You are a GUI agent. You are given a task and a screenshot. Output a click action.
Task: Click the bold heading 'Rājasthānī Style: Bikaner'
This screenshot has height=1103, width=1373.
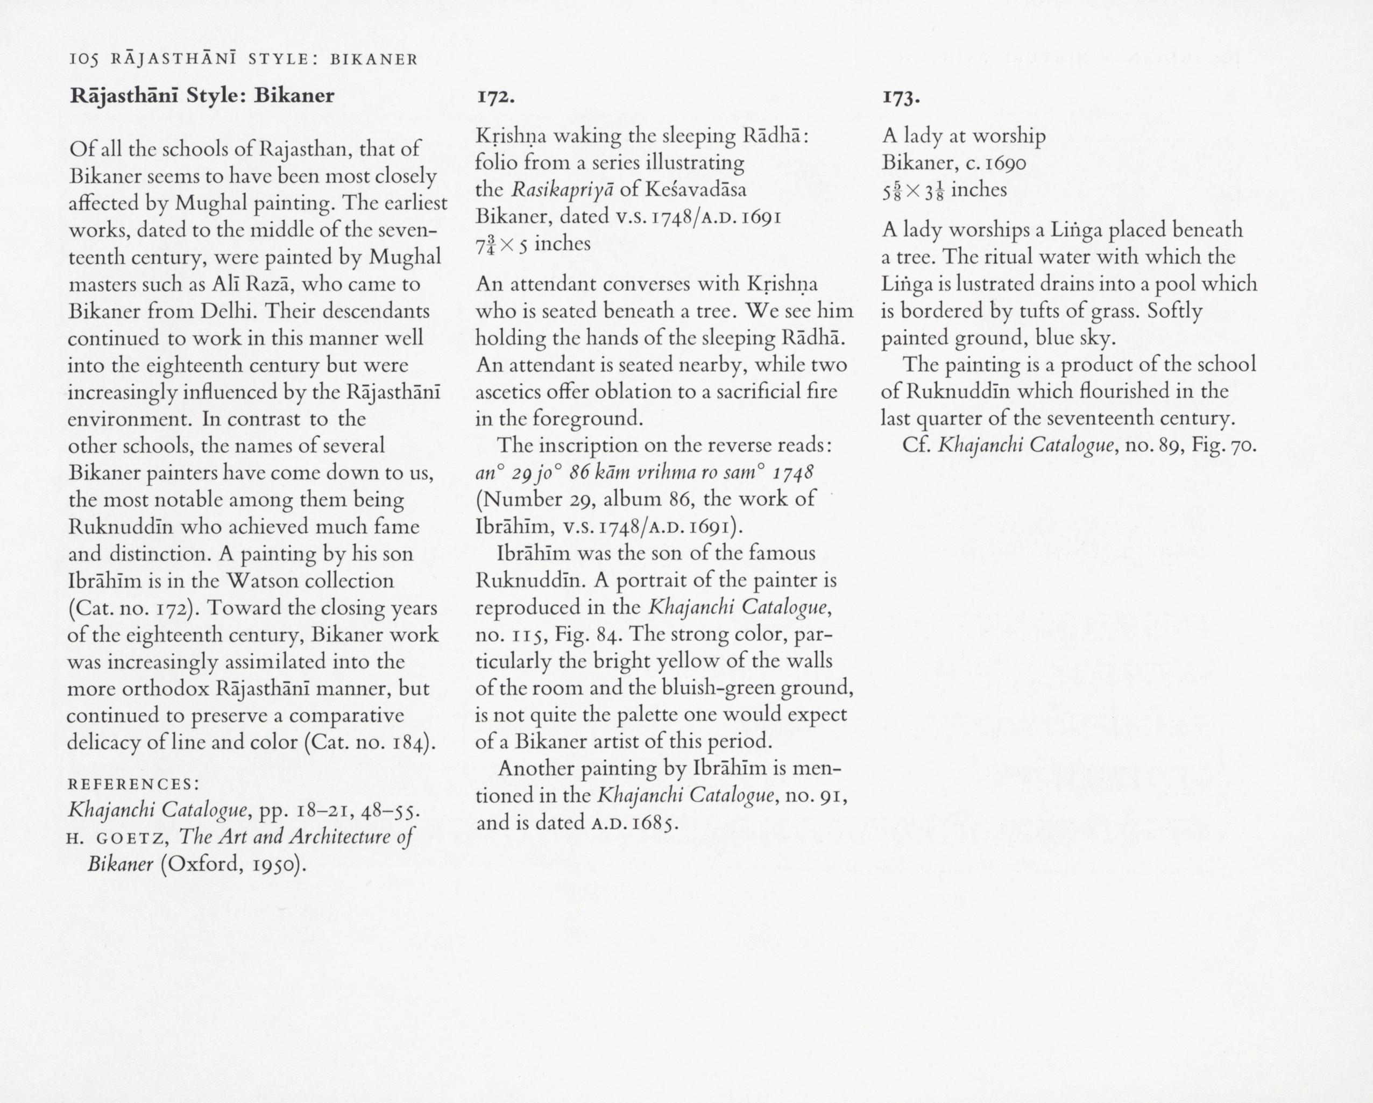click(202, 96)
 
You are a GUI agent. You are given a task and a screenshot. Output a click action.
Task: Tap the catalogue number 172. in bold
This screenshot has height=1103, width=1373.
click(496, 97)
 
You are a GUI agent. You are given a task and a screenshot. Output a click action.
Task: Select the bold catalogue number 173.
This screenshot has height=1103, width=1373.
click(901, 97)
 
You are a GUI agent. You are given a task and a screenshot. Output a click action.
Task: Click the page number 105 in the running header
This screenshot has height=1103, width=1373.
click(83, 60)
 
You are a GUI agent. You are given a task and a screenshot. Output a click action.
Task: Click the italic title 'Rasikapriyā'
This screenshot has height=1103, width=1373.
click(561, 190)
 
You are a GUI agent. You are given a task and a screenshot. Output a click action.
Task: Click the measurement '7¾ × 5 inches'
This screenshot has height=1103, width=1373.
click(533, 244)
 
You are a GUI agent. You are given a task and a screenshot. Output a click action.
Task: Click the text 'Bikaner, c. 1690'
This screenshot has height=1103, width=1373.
click(953, 163)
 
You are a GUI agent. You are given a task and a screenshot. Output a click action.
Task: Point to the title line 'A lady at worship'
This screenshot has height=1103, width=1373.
click(964, 136)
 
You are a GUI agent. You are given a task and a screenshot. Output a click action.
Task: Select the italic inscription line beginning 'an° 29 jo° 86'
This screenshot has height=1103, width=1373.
click(645, 472)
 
